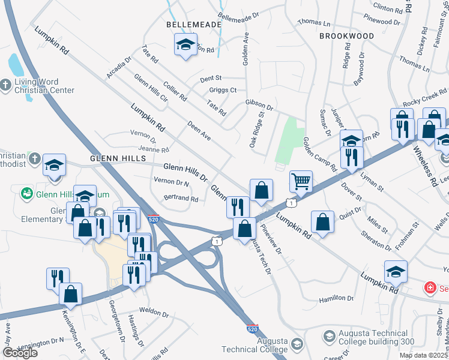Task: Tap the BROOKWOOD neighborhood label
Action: pos(346,36)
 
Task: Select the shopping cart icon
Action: pos(301,180)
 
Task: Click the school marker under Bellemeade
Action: pos(186,44)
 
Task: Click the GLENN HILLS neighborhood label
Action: pos(118,158)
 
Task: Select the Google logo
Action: pos(20,353)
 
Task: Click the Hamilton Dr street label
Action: pos(337,298)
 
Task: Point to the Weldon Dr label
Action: pos(154,312)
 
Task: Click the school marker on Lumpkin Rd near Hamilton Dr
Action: pos(396,271)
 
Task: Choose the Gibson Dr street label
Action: pos(259,105)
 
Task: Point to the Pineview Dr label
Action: pos(271,239)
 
